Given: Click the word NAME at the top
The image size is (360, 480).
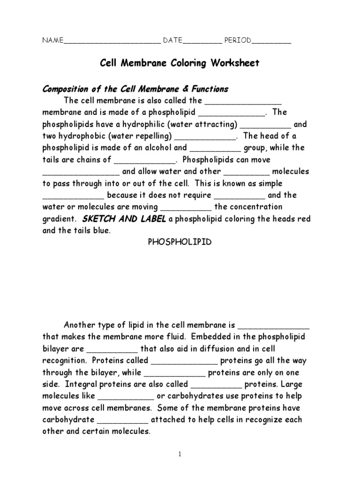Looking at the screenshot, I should (52, 41).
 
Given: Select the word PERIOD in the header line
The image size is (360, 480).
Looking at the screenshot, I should (238, 41).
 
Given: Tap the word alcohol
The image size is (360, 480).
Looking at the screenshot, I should (157, 148).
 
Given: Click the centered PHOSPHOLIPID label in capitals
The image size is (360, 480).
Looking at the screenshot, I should (180, 242).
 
